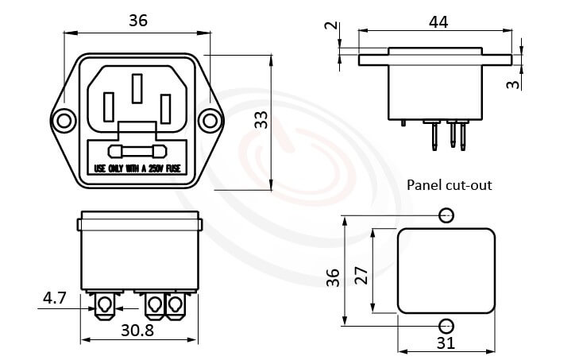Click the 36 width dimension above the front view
137,21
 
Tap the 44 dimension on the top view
438,21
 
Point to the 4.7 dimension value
54,299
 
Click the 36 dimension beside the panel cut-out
333,277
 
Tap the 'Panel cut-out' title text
449,186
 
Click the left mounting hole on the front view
63,120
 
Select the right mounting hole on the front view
209,120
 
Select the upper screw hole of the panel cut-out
446,215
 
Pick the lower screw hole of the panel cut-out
446,325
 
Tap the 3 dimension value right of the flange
514,82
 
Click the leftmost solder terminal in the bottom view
104,305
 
